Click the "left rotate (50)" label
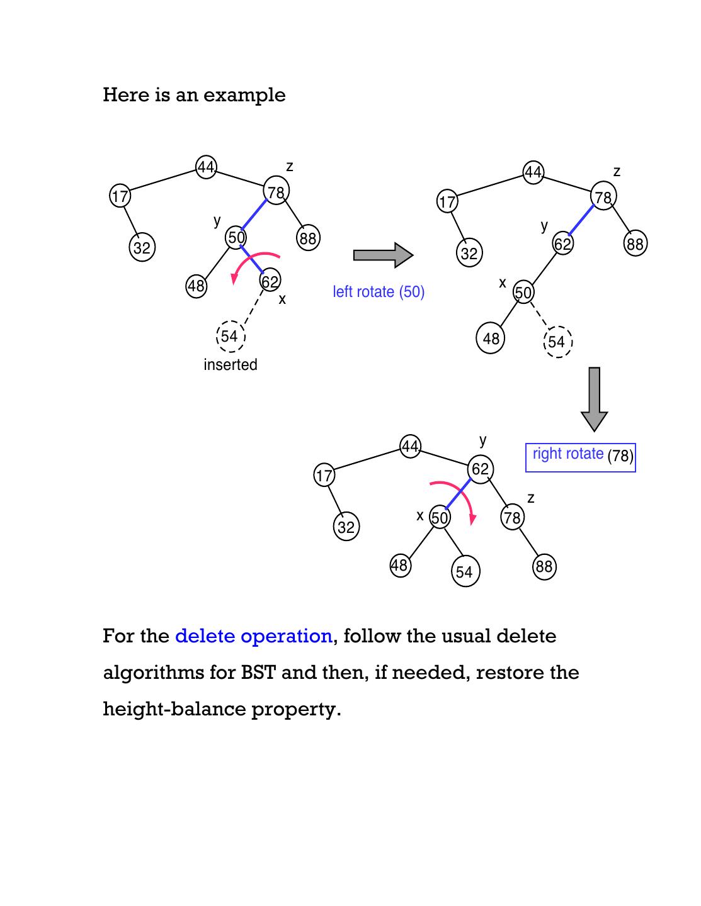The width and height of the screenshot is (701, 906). pos(379,292)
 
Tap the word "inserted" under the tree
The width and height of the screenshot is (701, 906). pos(231,365)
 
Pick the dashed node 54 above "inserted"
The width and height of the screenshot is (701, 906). pos(230,336)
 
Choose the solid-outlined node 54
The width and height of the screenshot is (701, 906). pos(465,572)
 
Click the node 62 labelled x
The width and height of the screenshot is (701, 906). pos(270,281)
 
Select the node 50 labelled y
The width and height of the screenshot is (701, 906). pos(236,238)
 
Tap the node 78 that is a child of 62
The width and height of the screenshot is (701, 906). pos(512,517)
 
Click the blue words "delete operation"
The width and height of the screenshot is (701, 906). pos(253,636)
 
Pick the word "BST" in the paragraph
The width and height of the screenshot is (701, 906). pos(258,673)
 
